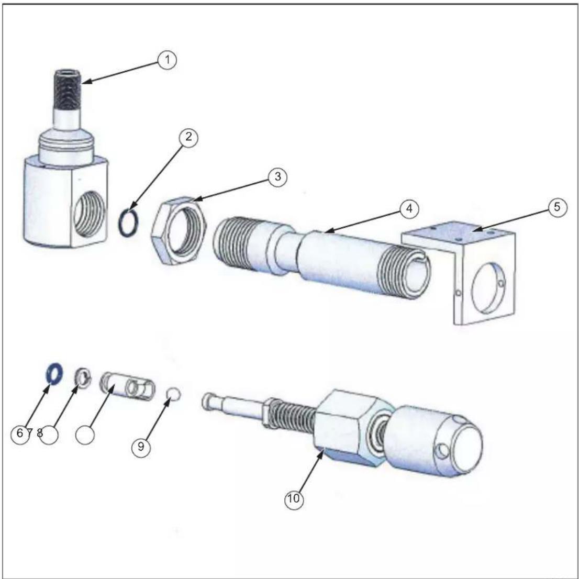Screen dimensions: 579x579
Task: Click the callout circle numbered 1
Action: click(168, 60)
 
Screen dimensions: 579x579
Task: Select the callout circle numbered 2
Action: click(188, 137)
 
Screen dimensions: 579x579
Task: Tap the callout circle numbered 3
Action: click(277, 177)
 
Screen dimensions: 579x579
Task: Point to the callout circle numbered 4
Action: click(409, 209)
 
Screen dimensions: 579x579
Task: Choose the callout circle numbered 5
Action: click(557, 207)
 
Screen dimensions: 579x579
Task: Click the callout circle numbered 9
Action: click(141, 447)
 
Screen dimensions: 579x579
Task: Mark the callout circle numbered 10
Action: click(294, 499)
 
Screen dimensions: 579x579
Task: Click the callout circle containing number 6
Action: click(20, 433)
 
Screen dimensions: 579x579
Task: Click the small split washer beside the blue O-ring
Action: click(83, 377)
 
